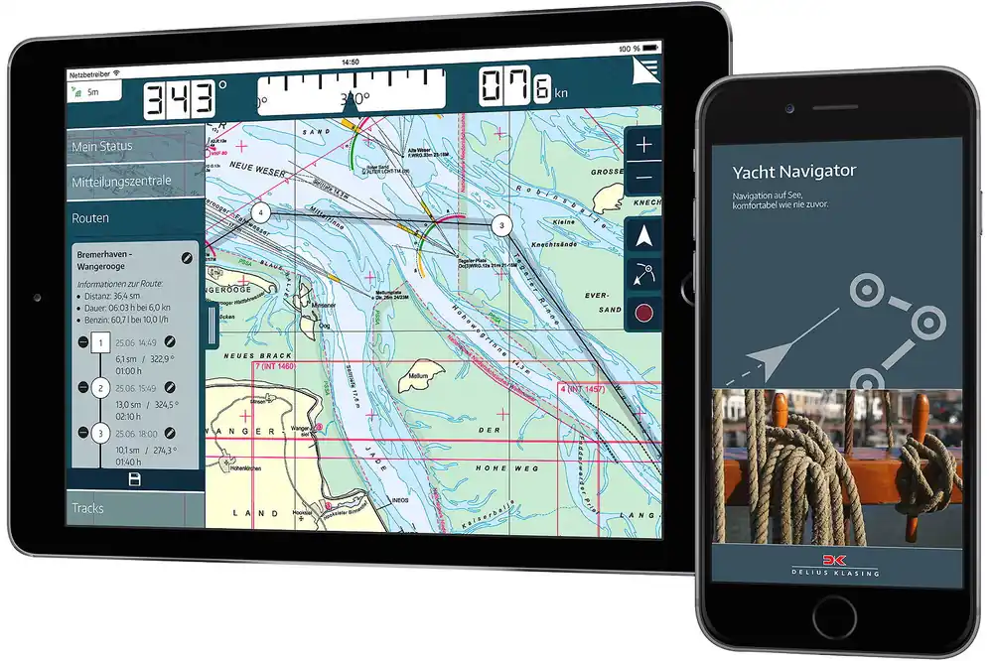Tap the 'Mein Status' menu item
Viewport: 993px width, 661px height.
[102, 147]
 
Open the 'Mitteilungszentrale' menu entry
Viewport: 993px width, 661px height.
[121, 182]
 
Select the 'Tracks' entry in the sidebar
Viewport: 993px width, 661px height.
[87, 508]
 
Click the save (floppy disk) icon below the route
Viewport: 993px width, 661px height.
[135, 479]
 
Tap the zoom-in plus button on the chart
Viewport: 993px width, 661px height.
[644, 145]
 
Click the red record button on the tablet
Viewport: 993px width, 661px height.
[644, 313]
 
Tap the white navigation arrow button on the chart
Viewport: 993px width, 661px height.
[644, 236]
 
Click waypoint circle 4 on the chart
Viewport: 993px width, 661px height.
[260, 212]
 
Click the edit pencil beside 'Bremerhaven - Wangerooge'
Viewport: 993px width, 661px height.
[186, 258]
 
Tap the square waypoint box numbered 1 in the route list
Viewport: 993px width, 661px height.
[99, 343]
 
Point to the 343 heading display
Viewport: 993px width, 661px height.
[181, 99]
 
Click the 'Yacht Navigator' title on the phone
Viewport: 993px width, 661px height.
[793, 171]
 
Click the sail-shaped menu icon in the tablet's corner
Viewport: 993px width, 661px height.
[645, 72]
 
